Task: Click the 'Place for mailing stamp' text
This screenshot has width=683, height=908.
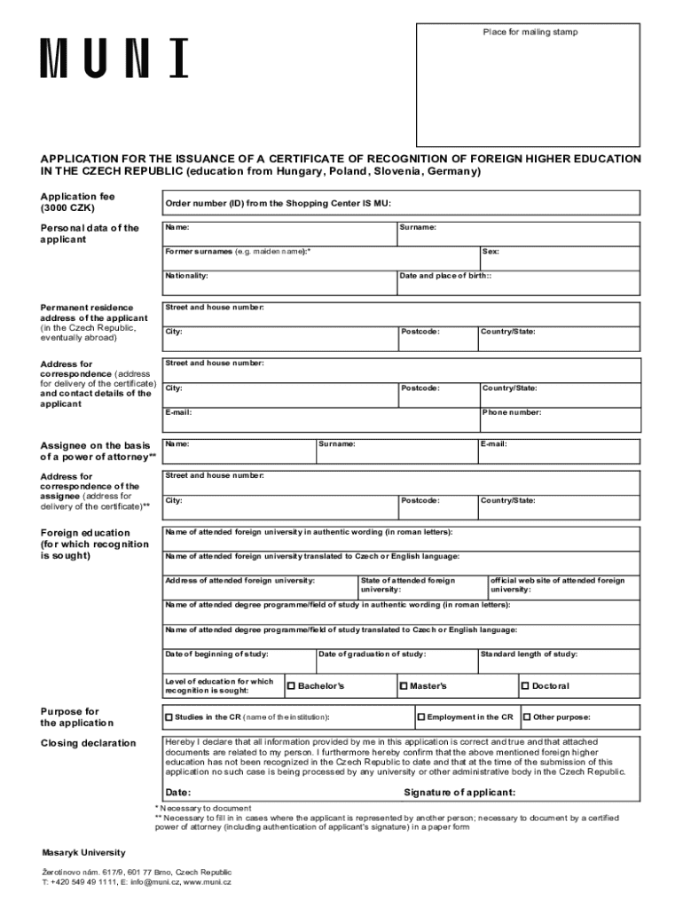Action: point(530,32)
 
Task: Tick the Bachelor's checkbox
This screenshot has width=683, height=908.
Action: point(291,685)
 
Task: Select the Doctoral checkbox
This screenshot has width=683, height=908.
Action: point(524,685)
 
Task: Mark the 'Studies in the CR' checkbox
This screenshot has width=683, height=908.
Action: point(169,716)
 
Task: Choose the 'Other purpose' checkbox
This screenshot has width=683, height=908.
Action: point(526,716)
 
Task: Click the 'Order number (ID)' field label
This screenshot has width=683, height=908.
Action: point(278,203)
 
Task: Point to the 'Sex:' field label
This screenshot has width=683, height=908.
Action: point(491,252)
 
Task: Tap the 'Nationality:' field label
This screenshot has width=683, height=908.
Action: point(186,276)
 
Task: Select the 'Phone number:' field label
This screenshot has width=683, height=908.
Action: point(512,412)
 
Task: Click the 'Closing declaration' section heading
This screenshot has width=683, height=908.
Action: point(89,743)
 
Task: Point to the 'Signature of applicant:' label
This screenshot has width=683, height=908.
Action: point(459,792)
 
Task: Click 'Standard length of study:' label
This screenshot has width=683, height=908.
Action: point(529,654)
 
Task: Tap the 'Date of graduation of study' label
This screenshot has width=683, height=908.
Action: point(372,654)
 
